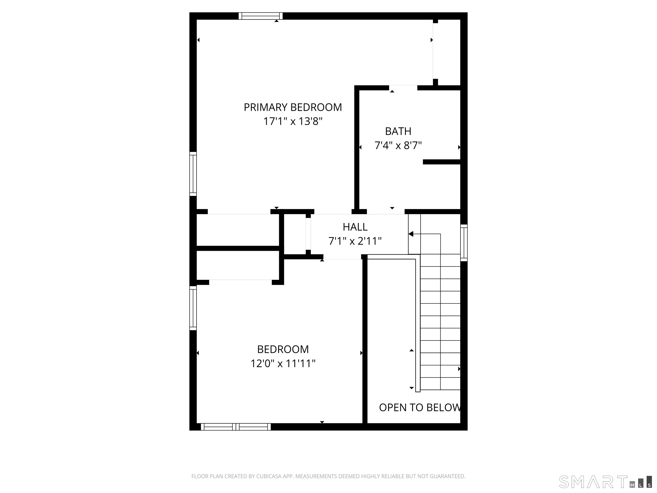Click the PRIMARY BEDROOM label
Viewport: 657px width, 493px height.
[293, 107]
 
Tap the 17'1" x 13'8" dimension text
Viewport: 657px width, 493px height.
[293, 121]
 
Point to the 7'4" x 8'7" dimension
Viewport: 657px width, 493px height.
[398, 145]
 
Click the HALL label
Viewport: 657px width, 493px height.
[355, 227]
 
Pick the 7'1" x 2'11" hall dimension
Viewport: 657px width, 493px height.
[355, 241]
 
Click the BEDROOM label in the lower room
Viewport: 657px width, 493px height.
[283, 349]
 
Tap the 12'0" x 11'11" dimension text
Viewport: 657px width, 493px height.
[283, 363]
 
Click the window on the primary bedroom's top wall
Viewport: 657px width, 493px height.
[260, 16]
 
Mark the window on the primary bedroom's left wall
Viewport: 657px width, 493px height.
[193, 174]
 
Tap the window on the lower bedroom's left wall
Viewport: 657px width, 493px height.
[193, 308]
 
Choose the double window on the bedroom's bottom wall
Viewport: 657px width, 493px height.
[236, 427]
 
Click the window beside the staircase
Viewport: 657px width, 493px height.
[464, 243]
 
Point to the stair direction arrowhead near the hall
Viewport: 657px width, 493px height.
[411, 234]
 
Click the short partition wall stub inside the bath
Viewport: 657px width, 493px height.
[442, 162]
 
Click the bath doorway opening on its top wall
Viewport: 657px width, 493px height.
[403, 88]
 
